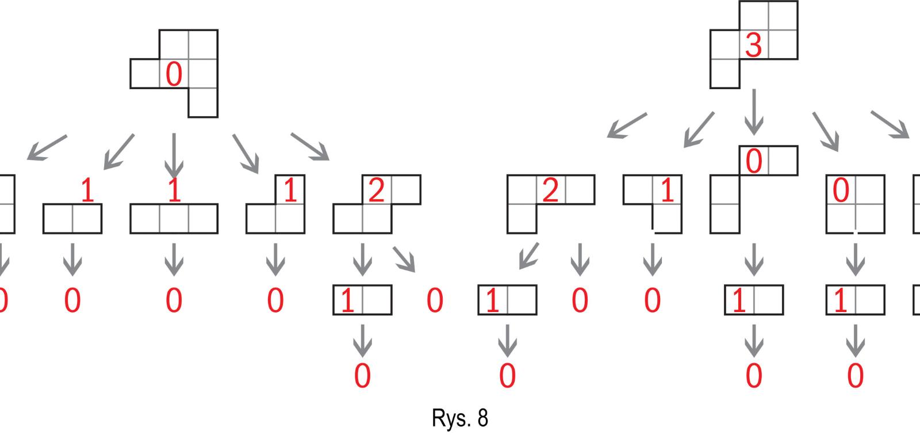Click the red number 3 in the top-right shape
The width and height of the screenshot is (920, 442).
click(753, 45)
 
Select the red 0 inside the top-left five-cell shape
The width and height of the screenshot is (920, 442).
click(174, 74)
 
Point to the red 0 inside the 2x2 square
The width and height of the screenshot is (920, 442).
click(841, 190)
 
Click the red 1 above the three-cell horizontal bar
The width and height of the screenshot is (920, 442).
click(174, 190)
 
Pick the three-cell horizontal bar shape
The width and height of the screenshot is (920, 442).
click(174, 219)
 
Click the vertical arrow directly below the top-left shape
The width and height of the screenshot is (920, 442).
click(174, 155)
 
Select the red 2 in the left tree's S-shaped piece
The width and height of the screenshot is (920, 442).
click(376, 190)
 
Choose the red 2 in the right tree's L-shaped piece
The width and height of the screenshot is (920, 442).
click(550, 190)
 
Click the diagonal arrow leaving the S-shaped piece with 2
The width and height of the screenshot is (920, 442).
click(404, 259)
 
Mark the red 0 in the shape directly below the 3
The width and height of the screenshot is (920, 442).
click(753, 162)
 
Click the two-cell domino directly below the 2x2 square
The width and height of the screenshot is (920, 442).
click(855, 300)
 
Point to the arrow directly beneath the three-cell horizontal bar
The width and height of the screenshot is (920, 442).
click(174, 259)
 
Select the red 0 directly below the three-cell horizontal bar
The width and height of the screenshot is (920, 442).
click(174, 300)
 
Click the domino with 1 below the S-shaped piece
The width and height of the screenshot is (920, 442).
click(362, 300)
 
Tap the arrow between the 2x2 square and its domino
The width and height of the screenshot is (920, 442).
click(855, 259)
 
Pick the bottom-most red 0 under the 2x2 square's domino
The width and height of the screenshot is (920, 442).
click(855, 376)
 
